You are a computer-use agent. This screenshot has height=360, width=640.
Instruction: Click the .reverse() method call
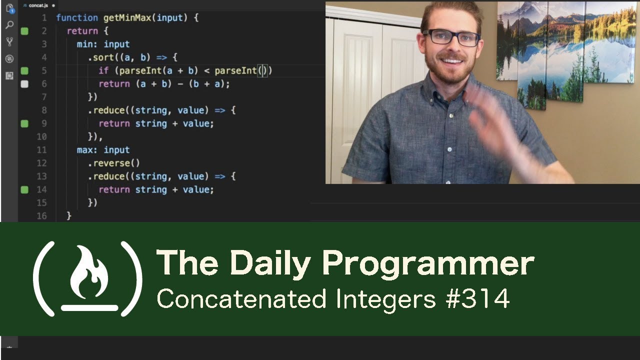114,163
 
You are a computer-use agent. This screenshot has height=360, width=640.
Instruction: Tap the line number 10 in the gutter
41,136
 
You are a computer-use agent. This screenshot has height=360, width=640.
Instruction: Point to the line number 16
41,216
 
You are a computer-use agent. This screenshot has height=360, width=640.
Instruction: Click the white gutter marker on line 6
24,84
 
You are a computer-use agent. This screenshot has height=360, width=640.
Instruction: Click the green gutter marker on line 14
24,189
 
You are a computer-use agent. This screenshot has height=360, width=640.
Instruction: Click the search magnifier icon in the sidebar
9,25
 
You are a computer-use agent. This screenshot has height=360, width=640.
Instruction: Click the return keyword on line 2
82,31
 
